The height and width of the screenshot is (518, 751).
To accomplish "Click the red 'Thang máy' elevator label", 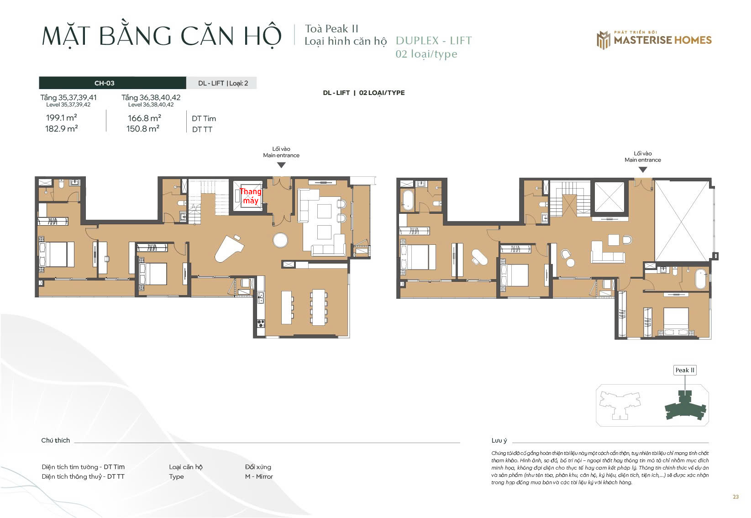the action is click(250, 196).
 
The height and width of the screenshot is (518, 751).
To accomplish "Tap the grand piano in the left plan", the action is click(229, 248).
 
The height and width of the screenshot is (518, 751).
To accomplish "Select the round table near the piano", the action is click(280, 240).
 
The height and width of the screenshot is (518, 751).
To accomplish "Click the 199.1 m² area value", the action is click(61, 117).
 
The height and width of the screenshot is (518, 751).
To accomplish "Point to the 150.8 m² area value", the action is click(143, 128).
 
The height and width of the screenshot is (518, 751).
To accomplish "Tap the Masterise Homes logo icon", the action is click(604, 40).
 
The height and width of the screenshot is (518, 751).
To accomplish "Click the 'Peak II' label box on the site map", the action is click(685, 370).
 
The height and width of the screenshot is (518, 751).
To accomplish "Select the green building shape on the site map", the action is click(685, 406).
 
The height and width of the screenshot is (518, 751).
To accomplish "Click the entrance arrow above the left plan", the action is click(281, 165).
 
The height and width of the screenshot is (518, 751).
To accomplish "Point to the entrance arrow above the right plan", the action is click(643, 170).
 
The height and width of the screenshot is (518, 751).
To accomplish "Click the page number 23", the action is click(735, 497).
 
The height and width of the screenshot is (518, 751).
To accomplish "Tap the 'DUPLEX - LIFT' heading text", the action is click(434, 41).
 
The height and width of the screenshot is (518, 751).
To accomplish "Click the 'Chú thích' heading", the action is click(55, 440).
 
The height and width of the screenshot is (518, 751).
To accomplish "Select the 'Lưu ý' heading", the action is click(499, 440).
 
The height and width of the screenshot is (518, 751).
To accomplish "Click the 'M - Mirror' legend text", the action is click(259, 476).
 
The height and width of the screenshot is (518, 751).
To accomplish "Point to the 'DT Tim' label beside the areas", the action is click(204, 118).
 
